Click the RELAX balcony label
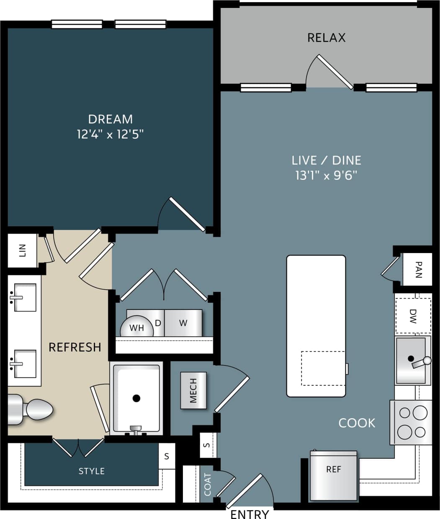[x=326, y=38]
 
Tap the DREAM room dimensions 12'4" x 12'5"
[x=111, y=135]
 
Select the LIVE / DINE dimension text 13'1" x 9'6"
[x=326, y=175]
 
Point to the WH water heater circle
[x=136, y=328]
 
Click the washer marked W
[x=183, y=323]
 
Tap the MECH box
[x=193, y=390]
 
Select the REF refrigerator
[x=334, y=475]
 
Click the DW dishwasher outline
[x=413, y=316]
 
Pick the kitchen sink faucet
[x=420, y=362]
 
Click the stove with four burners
[x=411, y=422]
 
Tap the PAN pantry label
[x=418, y=270]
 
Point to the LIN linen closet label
[x=23, y=251]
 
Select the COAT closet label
[x=208, y=484]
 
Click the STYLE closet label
[x=91, y=471]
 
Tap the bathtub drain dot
[x=136, y=398]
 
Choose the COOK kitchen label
[x=357, y=423]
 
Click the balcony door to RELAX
[x=334, y=72]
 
